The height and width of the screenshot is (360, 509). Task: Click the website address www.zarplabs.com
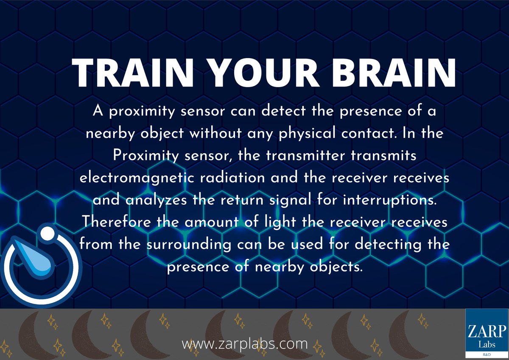pyautogui.click(x=245, y=343)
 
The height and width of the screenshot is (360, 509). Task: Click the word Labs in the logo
pyautogui.click(x=487, y=342)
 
